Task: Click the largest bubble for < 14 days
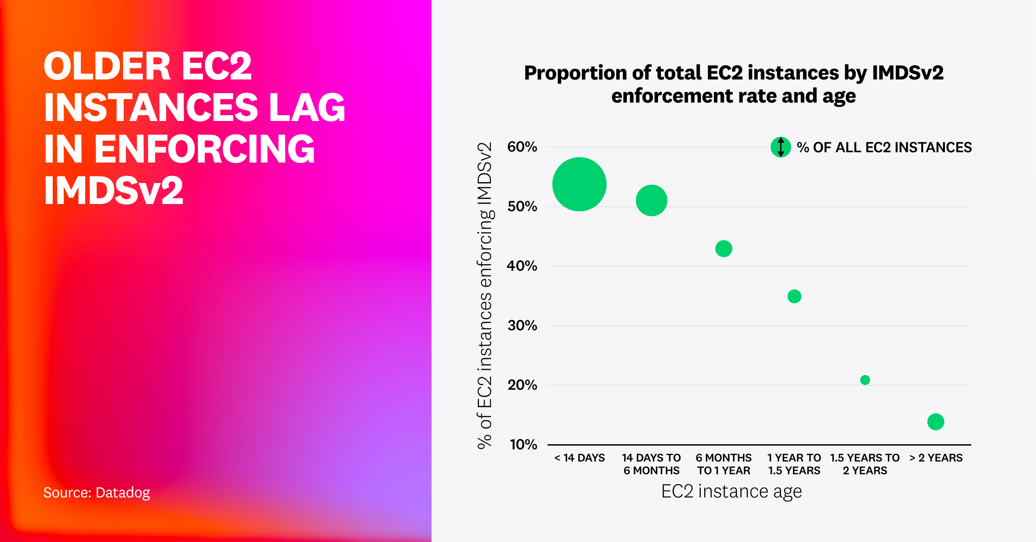[579, 184]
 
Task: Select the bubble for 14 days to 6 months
[651, 200]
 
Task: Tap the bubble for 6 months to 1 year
[723, 249]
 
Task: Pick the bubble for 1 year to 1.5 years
[794, 296]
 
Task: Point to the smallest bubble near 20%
[865, 380]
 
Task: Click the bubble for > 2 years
[936, 421]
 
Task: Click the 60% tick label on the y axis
[522, 147]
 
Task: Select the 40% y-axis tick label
[522, 266]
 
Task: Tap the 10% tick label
[523, 445]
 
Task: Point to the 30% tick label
[522, 325]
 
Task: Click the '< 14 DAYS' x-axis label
[579, 458]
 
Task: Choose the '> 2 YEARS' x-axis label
[936, 458]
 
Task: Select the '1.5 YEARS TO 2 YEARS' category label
[865, 464]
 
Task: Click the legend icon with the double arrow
[781, 147]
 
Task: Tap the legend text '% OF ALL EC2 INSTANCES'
[884, 147]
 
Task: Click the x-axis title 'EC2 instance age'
[731, 492]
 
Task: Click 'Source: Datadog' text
[96, 492]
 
